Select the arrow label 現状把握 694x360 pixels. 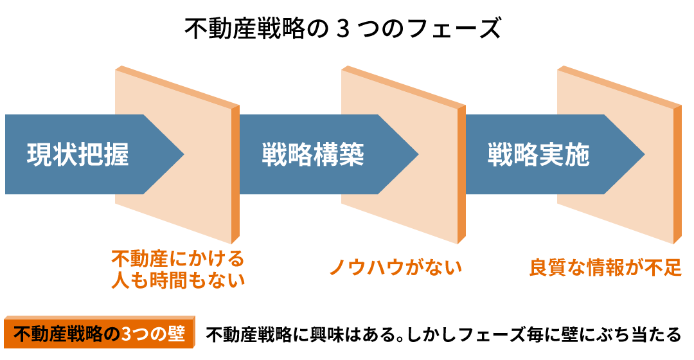pyautogui.click(x=78, y=155)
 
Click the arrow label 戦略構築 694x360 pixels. pyautogui.click(x=313, y=155)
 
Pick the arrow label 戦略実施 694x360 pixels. pyautogui.click(x=538, y=155)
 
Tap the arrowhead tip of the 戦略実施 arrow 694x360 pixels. pyautogui.click(x=644, y=154)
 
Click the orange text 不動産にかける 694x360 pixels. pyautogui.click(x=178, y=259)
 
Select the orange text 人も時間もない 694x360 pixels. pyautogui.click(x=178, y=280)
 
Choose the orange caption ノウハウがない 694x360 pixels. pyautogui.click(x=396, y=267)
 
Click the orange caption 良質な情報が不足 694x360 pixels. pyautogui.click(x=605, y=267)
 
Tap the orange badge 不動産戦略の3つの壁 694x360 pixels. pyautogui.click(x=98, y=334)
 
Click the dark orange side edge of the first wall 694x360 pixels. pyautogui.click(x=235, y=174)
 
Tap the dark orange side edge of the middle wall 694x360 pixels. pyautogui.click(x=461, y=174)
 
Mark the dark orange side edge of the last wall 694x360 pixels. pyautogui.click(x=677, y=174)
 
